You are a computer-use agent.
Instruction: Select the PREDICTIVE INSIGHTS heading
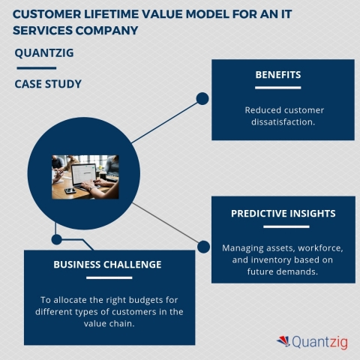(283, 213)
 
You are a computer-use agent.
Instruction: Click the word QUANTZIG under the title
(45, 52)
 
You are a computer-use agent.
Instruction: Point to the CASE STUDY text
(48, 84)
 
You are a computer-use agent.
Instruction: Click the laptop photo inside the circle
(85, 176)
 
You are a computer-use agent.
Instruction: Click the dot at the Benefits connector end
(202, 98)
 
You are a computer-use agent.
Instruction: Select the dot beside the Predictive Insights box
(202, 245)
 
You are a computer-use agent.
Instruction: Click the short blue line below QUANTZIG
(35, 68)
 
